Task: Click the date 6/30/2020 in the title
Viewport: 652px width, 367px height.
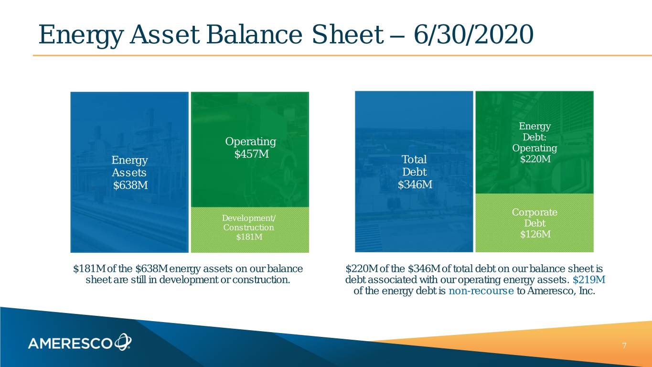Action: (x=473, y=34)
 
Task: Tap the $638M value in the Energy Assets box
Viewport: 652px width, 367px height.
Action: (x=130, y=185)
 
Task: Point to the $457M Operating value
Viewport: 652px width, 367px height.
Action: (x=251, y=154)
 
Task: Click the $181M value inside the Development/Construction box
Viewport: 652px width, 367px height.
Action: (x=249, y=237)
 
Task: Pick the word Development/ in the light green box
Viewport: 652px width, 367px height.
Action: (x=248, y=218)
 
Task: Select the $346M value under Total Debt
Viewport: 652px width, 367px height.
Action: (x=415, y=184)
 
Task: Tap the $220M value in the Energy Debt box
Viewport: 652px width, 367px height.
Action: (x=535, y=159)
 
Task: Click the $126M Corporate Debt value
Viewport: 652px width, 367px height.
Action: (x=535, y=234)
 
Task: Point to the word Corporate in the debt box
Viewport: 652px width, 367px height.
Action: (x=534, y=212)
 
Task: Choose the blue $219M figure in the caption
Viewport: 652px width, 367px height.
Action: (x=589, y=280)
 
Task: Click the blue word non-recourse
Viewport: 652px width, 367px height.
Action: (x=481, y=291)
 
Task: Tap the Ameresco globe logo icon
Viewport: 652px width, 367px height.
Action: (x=123, y=342)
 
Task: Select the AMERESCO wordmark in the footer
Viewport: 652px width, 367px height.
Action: (x=70, y=344)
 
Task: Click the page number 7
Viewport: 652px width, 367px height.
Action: (x=624, y=346)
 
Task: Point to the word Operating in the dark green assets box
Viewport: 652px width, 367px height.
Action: (x=251, y=142)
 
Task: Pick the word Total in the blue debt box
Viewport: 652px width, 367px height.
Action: (x=414, y=159)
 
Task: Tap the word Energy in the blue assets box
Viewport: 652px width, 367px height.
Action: (x=129, y=161)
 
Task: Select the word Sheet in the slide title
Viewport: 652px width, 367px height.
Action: (x=348, y=34)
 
